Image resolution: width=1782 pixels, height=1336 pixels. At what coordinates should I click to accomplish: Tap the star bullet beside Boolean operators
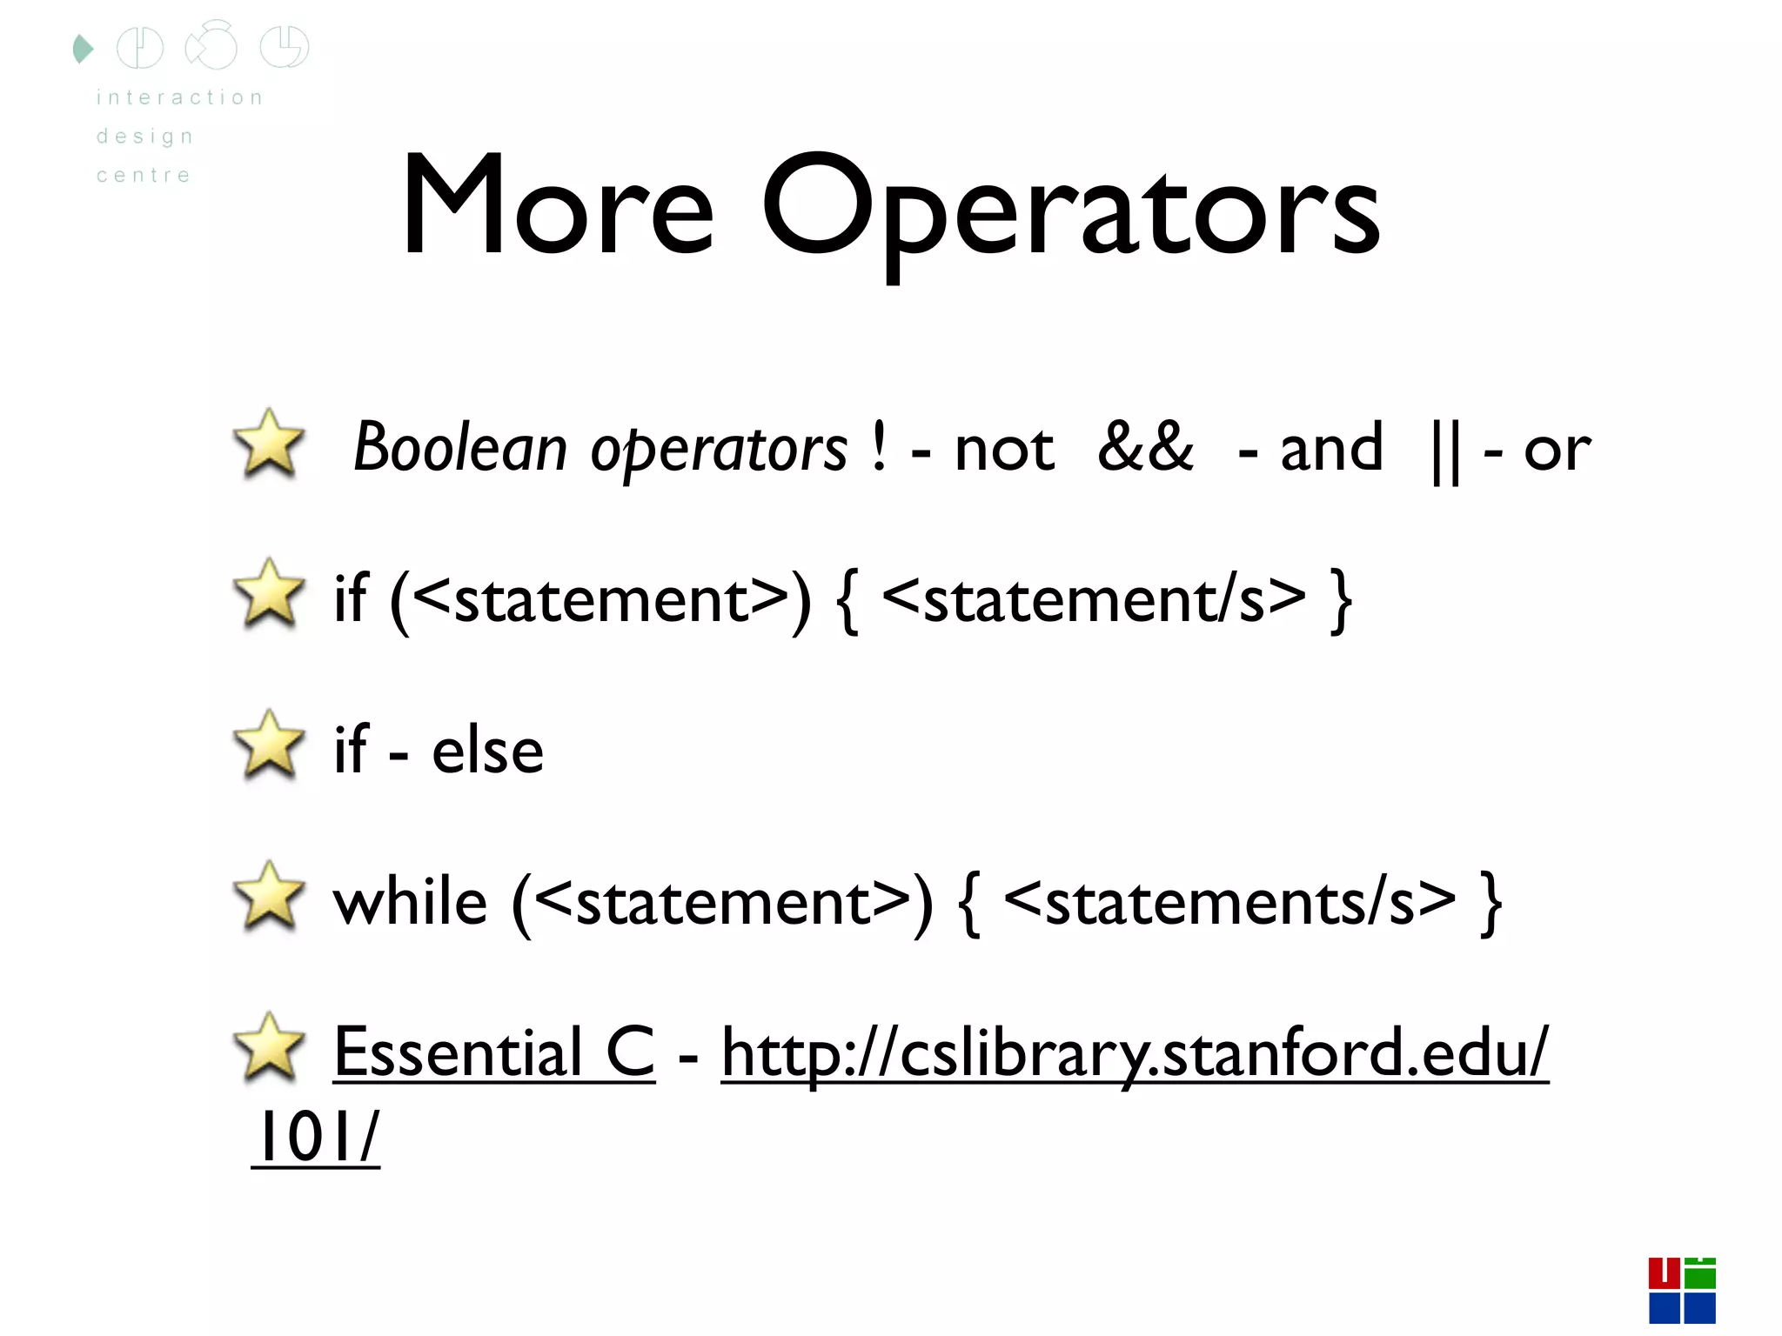(x=270, y=445)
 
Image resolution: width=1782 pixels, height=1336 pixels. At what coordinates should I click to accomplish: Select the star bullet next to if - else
(x=270, y=745)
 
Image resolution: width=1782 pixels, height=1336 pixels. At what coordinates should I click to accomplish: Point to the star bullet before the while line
(x=270, y=897)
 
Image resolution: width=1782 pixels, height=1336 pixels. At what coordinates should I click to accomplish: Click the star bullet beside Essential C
(x=270, y=1048)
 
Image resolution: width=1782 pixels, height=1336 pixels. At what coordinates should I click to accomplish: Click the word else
(x=487, y=750)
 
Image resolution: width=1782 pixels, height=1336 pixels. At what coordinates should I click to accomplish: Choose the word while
(x=411, y=901)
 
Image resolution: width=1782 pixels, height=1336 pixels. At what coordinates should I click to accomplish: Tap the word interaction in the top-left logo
(x=179, y=97)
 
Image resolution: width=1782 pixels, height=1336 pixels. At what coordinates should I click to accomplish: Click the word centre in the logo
(x=144, y=176)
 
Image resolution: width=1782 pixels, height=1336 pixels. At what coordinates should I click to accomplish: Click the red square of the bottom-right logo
(x=1664, y=1273)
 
